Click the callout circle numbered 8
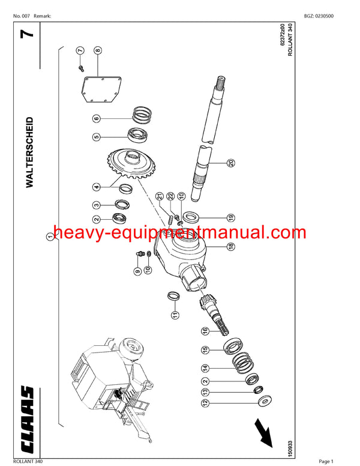tap(97, 52)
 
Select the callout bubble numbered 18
tap(230, 246)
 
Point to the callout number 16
tap(204, 331)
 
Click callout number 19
tap(230, 217)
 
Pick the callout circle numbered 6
tap(96, 118)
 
